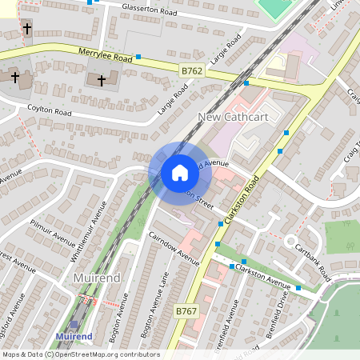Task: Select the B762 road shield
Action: [x=191, y=71]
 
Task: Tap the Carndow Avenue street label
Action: [x=174, y=247]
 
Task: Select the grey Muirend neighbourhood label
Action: [x=96, y=277]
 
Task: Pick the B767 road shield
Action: [x=186, y=310]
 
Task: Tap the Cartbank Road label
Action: [x=312, y=261]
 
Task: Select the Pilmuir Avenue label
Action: [x=52, y=226]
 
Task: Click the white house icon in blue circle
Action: [x=180, y=173]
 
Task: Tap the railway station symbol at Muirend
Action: [x=75, y=326]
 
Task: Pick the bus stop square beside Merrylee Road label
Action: [x=138, y=57]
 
